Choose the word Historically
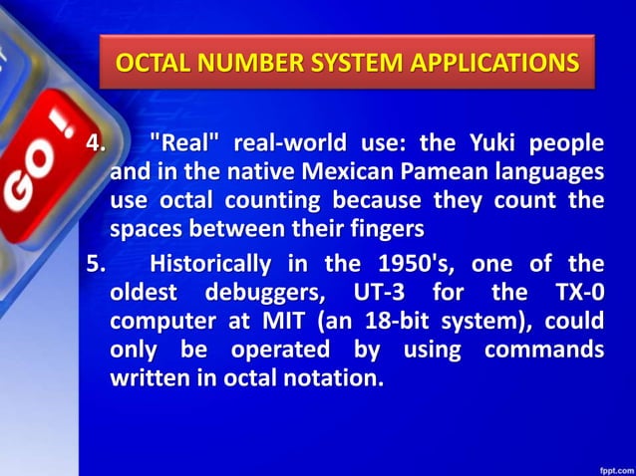[x=209, y=264]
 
